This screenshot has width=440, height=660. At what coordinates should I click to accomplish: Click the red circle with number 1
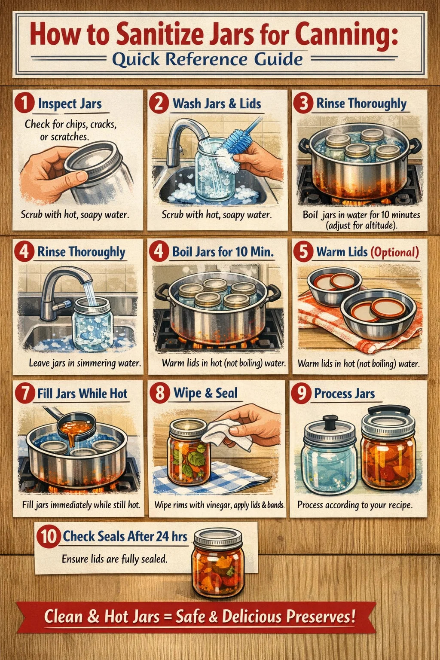point(24,104)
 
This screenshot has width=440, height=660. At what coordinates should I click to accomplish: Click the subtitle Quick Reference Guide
point(208,59)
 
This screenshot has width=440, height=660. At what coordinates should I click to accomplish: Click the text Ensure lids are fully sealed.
point(114,559)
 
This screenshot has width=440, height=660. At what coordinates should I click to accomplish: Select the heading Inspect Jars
point(70,104)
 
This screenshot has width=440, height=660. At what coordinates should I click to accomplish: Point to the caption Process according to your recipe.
point(355,505)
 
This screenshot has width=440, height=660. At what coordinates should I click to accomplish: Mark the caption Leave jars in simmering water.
point(85,363)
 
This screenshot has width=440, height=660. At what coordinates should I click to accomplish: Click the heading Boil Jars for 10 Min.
point(223,252)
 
